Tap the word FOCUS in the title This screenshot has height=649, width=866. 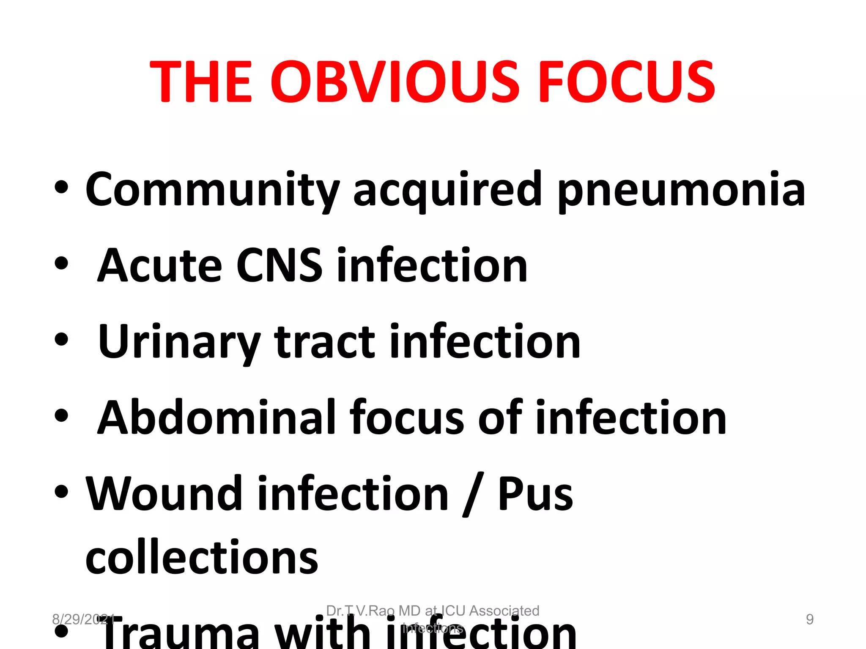click(x=627, y=82)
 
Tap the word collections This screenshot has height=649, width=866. click(x=202, y=558)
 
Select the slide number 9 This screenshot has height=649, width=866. click(x=809, y=619)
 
